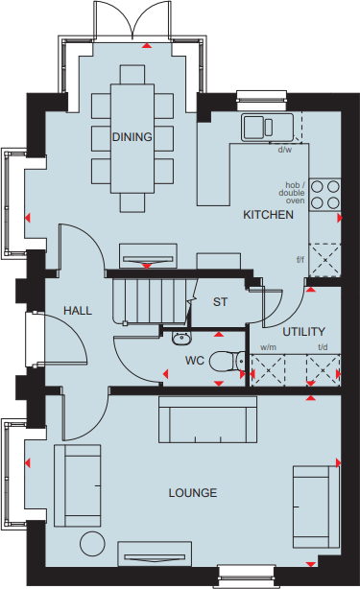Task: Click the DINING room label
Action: click(x=132, y=137)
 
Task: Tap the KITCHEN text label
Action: click(x=268, y=216)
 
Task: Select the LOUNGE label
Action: click(x=192, y=493)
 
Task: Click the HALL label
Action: click(x=77, y=311)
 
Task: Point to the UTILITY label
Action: click(x=303, y=331)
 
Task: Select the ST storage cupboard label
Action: click(x=220, y=302)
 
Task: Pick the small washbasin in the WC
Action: click(x=181, y=337)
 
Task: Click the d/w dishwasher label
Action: click(x=285, y=151)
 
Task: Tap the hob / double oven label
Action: click(x=292, y=193)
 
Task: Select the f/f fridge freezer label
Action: click(x=300, y=258)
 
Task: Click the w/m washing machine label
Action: click(x=267, y=347)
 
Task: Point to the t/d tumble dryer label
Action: click(x=323, y=347)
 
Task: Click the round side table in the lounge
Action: click(x=93, y=543)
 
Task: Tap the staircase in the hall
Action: click(x=149, y=300)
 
